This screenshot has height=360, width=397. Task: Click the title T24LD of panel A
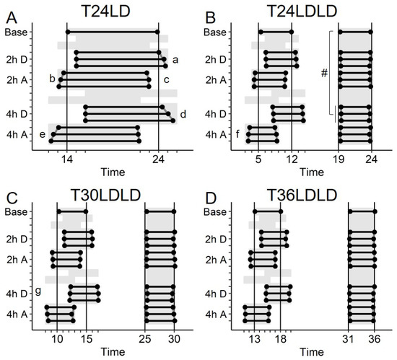(x=105, y=12)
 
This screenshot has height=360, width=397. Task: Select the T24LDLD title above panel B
(x=302, y=12)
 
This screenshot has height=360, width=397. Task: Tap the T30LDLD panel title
(x=105, y=195)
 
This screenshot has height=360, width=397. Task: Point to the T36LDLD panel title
(x=302, y=195)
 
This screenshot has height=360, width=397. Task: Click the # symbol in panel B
(x=324, y=74)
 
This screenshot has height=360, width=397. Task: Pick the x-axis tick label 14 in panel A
(x=67, y=159)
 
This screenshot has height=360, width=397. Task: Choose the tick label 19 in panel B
(x=339, y=159)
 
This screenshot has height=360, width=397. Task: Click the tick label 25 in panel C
(x=145, y=339)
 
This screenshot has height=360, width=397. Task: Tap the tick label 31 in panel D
(x=348, y=339)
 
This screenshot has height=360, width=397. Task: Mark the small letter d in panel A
(x=183, y=114)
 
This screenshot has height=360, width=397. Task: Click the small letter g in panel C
(x=38, y=291)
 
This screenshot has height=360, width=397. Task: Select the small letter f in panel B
(x=237, y=134)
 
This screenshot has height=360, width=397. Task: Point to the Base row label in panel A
(x=16, y=32)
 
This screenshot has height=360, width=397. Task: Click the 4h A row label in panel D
(x=216, y=315)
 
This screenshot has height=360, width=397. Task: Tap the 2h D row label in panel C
(x=17, y=239)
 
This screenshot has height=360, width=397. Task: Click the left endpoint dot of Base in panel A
(x=68, y=32)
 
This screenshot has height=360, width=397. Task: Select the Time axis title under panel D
(x=312, y=352)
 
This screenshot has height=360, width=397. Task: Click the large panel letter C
(x=12, y=198)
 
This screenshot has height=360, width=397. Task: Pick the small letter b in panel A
(x=52, y=79)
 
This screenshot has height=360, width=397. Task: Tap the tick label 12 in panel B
(x=292, y=159)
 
